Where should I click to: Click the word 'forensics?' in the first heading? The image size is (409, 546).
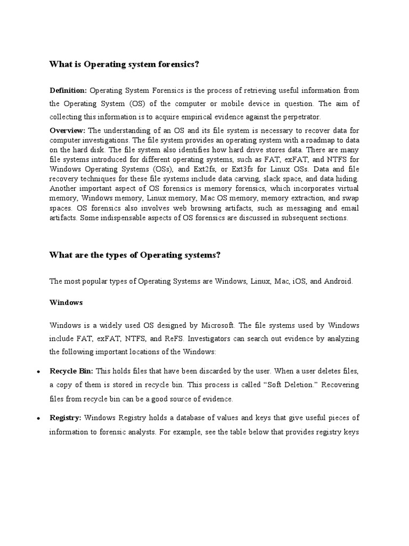(176, 65)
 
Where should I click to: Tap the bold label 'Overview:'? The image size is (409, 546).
(67, 130)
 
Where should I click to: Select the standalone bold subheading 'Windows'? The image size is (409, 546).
(66, 302)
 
